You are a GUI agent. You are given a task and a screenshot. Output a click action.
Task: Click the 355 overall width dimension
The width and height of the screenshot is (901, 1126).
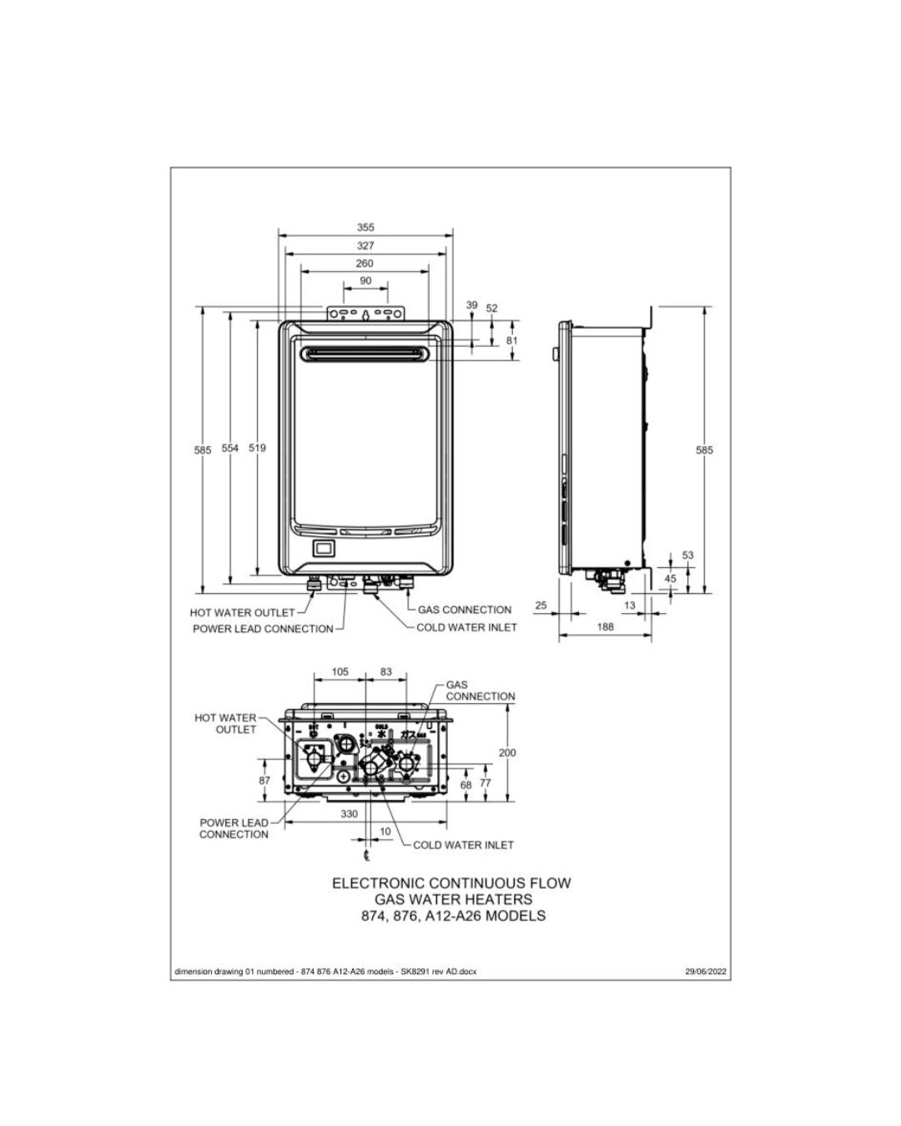pos(365,227)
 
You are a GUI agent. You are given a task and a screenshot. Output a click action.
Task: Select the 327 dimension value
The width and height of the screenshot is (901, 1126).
pos(365,246)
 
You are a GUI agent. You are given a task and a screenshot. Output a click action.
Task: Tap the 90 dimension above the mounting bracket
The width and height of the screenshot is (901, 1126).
pos(365,281)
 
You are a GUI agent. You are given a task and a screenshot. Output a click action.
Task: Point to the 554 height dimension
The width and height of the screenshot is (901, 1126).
pos(230,449)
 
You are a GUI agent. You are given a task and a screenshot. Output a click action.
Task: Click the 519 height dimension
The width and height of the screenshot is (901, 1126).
pos(258,449)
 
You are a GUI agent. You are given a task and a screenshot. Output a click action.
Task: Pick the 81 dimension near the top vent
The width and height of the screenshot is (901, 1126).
pos(512,340)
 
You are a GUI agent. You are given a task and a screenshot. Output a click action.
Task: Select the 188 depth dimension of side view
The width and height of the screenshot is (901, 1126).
pos(605,626)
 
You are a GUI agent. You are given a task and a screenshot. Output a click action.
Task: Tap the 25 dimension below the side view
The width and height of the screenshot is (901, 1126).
pos(541,606)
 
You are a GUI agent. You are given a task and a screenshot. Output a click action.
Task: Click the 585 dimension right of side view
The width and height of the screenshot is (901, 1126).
pos(704,450)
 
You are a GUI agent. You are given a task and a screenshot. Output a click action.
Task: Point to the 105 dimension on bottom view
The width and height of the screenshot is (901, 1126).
pos(340,671)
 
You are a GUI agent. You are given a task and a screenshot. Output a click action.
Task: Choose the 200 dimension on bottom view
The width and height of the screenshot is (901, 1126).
pos(507,752)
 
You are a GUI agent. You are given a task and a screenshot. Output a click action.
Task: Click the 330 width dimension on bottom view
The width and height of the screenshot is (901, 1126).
pos(350,813)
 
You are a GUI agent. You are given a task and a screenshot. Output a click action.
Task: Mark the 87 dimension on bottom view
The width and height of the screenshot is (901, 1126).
pos(264,781)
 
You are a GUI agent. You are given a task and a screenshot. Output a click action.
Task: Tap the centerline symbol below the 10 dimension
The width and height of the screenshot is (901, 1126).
pos(366,855)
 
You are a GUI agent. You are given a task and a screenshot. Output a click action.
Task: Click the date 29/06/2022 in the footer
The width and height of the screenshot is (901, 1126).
pos(706,971)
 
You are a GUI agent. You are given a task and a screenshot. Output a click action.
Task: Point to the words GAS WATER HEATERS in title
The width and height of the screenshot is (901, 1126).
pos(451,899)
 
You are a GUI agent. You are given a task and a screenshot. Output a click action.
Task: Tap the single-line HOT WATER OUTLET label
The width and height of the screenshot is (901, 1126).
pos(242,613)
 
